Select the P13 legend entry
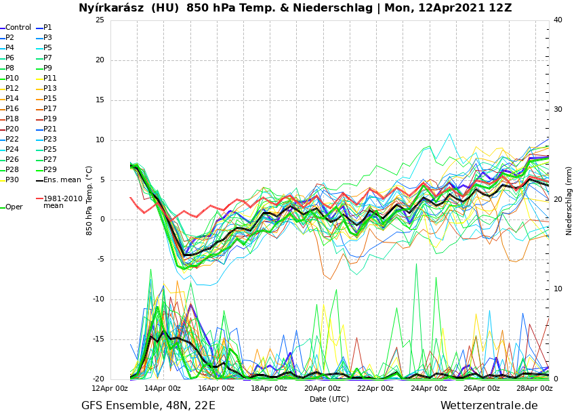click(50, 89)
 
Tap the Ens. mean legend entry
click(62, 180)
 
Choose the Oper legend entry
click(14, 207)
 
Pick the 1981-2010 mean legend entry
click(62, 203)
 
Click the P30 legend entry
click(12, 180)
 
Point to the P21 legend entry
click(50, 129)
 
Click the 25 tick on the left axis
click(100, 20)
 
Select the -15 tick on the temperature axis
click(98, 340)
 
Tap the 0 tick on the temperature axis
click(102, 219)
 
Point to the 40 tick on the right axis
click(558, 20)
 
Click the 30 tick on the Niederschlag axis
click(558, 110)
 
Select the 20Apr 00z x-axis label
click(322, 389)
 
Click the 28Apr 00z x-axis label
click(535, 389)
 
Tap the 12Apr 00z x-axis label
click(110, 389)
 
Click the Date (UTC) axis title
click(329, 400)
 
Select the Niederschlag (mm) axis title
click(569, 201)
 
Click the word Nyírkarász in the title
click(108, 8)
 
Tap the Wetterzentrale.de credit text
click(489, 406)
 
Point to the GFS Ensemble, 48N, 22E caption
click(148, 406)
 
